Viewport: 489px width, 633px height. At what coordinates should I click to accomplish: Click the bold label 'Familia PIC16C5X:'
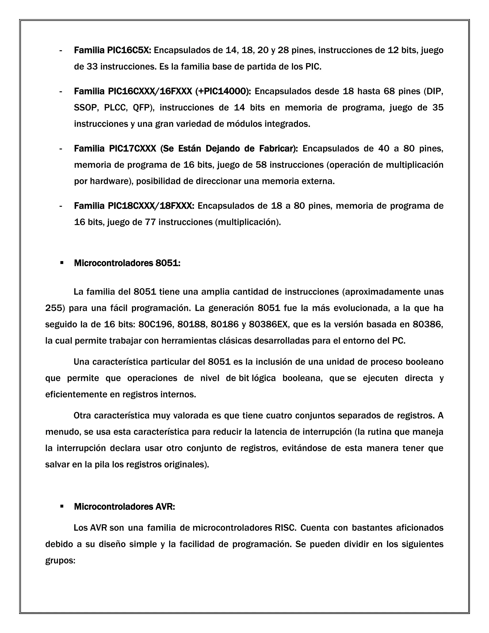(x=112, y=50)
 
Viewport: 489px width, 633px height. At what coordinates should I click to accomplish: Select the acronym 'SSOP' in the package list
(x=85, y=108)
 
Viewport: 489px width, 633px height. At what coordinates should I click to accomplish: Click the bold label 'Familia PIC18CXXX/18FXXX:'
(x=134, y=206)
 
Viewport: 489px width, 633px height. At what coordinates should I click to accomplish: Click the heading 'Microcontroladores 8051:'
(x=127, y=263)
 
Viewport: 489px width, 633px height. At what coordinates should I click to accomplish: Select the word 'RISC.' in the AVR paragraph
(x=285, y=528)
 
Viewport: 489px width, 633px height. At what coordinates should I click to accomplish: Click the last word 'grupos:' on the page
(x=60, y=561)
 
